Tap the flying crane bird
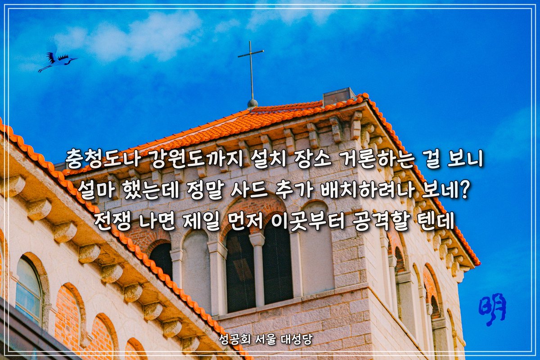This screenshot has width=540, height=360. point(58,60)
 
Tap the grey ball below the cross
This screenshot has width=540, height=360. point(252,103)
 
